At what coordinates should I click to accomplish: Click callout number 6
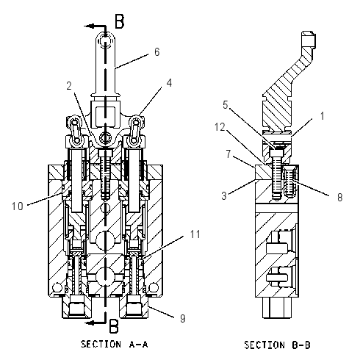click(157, 52)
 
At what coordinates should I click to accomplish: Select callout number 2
click(69, 86)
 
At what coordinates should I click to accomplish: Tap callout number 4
click(169, 83)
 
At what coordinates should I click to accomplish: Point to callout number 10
click(18, 206)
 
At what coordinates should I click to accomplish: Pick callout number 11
click(195, 234)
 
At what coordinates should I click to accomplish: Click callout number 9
click(183, 318)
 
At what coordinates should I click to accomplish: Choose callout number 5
click(226, 105)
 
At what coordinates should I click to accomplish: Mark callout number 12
click(220, 127)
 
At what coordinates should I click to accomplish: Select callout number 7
click(228, 154)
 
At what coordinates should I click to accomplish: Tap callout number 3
click(224, 195)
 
